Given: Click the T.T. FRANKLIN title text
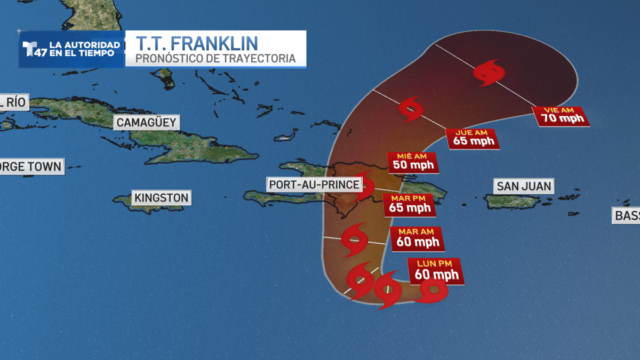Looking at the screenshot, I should (x=197, y=43).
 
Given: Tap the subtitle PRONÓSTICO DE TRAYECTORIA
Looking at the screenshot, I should (x=215, y=58).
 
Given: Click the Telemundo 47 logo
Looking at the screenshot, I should (x=33, y=49).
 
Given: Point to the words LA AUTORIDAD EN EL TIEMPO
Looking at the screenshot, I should (x=84, y=49).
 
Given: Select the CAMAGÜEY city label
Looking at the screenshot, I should (x=146, y=123).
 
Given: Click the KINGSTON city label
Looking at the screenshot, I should (x=161, y=198).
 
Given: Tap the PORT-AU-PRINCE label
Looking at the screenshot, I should (x=314, y=185).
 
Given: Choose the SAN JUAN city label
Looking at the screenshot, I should (x=523, y=187).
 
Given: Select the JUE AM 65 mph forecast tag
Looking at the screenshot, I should (x=473, y=139).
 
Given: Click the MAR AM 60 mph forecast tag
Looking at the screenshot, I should (x=417, y=238).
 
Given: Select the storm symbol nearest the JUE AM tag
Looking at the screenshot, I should (x=411, y=109).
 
